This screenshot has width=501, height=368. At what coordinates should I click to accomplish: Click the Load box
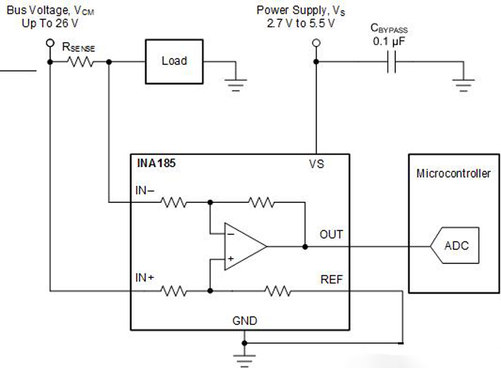click(174, 61)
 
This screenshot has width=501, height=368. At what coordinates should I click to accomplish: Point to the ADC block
click(455, 246)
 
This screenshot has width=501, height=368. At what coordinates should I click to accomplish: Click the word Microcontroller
click(454, 174)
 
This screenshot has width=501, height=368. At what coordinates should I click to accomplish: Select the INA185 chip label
click(156, 164)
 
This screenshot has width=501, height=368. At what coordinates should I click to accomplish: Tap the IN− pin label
click(146, 191)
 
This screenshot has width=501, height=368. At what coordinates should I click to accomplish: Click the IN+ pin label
click(146, 277)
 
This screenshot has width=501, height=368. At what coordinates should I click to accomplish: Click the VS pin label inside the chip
click(316, 164)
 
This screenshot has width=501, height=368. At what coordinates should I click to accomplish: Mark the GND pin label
click(245, 321)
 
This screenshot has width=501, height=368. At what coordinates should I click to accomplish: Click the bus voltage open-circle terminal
click(49, 43)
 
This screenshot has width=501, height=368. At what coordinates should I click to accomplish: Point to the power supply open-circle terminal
click(312, 43)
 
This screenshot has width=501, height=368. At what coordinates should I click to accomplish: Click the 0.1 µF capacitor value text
click(389, 42)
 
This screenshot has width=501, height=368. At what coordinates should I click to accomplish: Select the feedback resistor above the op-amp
click(261, 204)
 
